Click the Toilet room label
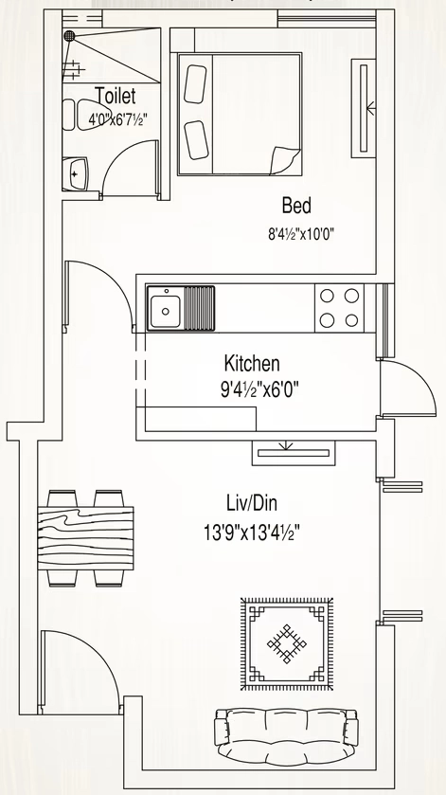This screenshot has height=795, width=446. [116, 96]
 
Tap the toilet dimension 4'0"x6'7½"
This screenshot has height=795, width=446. [118, 120]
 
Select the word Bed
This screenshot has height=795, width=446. [296, 206]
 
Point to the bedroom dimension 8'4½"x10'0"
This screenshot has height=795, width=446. [301, 234]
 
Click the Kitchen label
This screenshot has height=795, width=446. [252, 364]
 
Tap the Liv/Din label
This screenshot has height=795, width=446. [252, 504]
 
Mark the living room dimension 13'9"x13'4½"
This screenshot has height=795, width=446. [253, 533]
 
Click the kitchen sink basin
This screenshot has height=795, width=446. [165, 308]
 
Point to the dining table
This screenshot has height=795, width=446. [85, 538]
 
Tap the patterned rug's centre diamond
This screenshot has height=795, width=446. [287, 644]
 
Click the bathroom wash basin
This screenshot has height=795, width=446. [75, 174]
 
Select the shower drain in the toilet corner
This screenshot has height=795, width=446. [69, 35]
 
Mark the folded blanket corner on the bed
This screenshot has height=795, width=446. [284, 160]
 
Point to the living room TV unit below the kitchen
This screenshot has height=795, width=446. [294, 453]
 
